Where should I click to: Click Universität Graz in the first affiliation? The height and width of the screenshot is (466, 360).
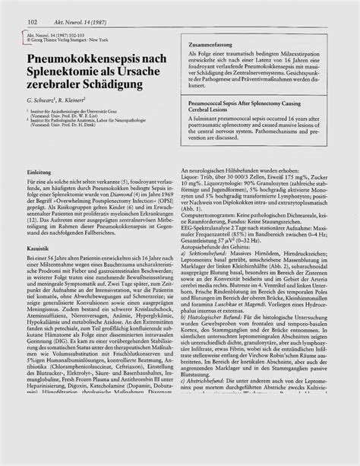point(122,129)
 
